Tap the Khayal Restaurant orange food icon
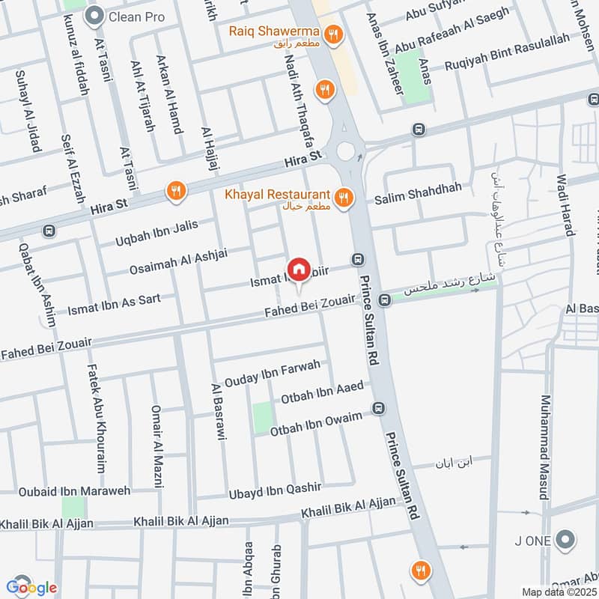343,198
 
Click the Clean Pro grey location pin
94,15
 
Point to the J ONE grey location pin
567,540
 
